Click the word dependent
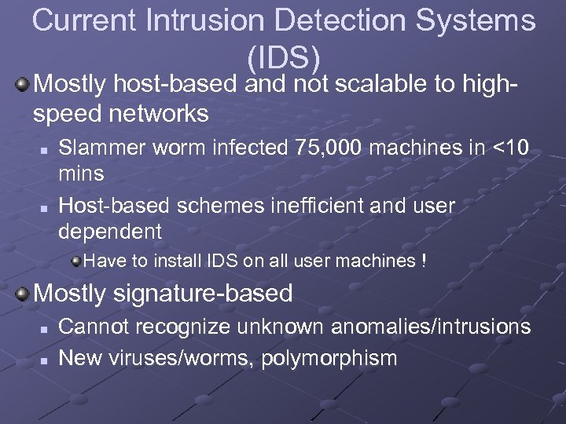pos(110,232)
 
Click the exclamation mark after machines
pos(424,261)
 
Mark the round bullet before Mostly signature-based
pos(24,294)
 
